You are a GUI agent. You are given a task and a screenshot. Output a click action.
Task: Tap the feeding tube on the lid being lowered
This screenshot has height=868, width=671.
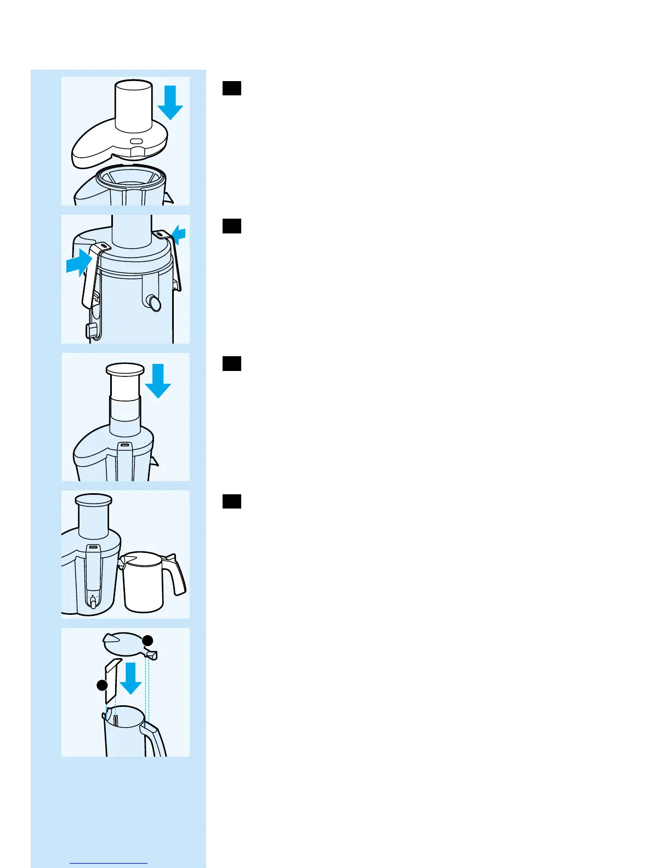point(133,107)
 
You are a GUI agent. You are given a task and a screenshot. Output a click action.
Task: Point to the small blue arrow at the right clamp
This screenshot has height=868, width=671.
point(179,236)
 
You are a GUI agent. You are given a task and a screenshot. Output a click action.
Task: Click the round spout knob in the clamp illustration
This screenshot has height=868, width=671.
point(155,303)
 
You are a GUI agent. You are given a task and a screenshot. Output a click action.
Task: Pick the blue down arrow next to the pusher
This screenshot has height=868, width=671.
point(158,381)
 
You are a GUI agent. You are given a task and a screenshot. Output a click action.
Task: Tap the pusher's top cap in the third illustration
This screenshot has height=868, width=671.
point(125,369)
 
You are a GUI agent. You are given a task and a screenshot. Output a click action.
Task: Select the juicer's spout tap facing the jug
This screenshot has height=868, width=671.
point(93,603)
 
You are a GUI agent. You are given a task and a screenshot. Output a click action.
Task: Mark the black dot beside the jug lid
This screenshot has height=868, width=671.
point(147,640)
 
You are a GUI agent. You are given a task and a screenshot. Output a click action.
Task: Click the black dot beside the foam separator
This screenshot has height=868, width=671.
point(102,685)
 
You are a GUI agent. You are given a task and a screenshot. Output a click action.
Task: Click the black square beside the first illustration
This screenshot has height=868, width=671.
point(232,88)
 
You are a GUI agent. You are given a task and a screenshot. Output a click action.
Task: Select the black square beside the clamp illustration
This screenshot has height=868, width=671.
point(232,226)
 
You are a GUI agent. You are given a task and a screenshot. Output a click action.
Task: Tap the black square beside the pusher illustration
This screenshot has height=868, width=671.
point(232,364)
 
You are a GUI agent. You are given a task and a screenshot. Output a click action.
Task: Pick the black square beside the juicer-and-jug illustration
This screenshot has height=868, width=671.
point(232,501)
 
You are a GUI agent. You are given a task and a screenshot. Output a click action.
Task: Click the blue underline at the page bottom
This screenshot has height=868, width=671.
point(109,863)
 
